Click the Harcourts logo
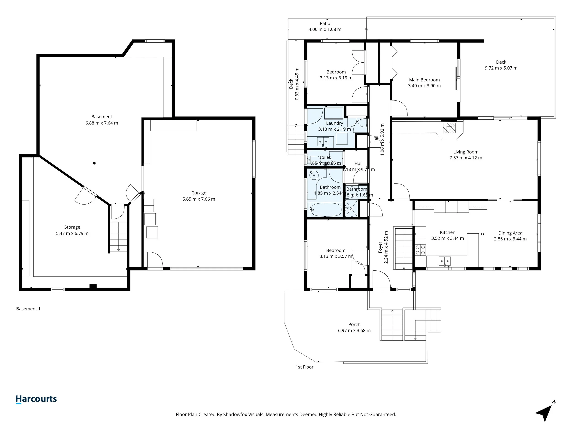click(x=36, y=399)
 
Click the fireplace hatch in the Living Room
click(x=449, y=128)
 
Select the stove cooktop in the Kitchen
click(x=420, y=250)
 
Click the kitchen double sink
click(x=444, y=261)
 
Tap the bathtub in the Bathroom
click(x=326, y=209)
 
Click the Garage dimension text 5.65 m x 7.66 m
click(x=199, y=199)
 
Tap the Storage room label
click(x=72, y=227)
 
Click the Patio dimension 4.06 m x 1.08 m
click(x=325, y=30)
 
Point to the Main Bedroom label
click(x=424, y=80)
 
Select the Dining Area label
click(x=510, y=233)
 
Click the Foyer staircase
click(x=403, y=248)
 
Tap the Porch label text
click(x=354, y=324)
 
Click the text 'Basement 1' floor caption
click(x=28, y=309)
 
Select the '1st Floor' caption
click(x=304, y=367)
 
